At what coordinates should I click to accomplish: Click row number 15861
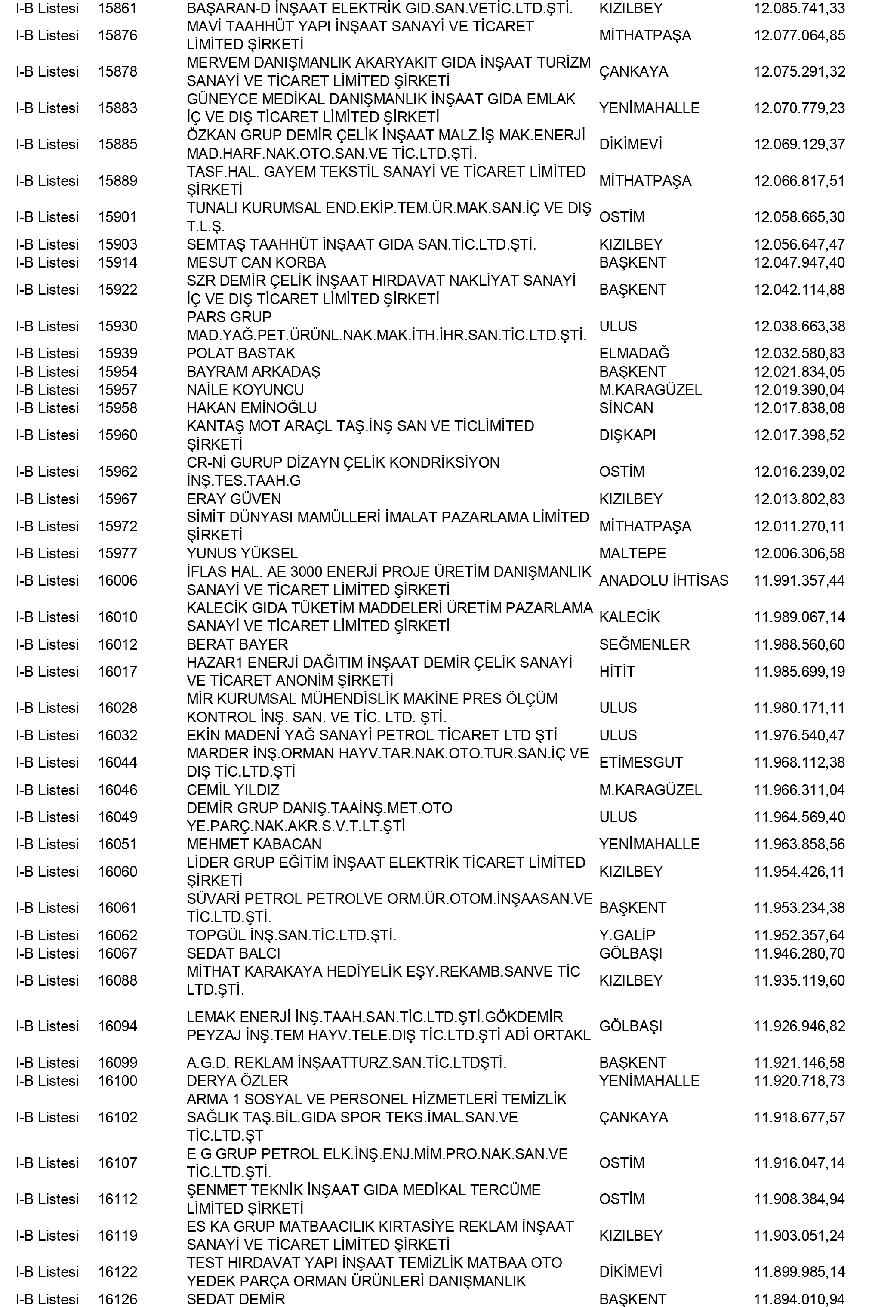tap(117, 8)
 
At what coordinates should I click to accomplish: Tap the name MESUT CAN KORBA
tap(256, 262)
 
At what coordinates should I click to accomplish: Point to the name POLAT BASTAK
tap(241, 353)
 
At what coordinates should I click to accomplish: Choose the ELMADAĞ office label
tap(634, 353)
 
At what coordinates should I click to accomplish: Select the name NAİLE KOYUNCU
tap(245, 390)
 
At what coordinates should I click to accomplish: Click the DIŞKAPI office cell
tap(627, 435)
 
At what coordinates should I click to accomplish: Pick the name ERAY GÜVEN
tap(234, 499)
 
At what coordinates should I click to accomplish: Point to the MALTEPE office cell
tap(632, 553)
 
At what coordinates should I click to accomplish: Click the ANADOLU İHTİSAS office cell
tap(663, 580)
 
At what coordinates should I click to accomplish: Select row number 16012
tap(117, 644)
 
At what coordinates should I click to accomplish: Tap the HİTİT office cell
tap(617, 671)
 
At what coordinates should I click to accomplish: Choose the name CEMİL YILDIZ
tap(233, 790)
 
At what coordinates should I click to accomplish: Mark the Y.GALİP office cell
tap(627, 935)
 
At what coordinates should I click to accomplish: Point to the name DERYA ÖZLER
tap(237, 1081)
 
